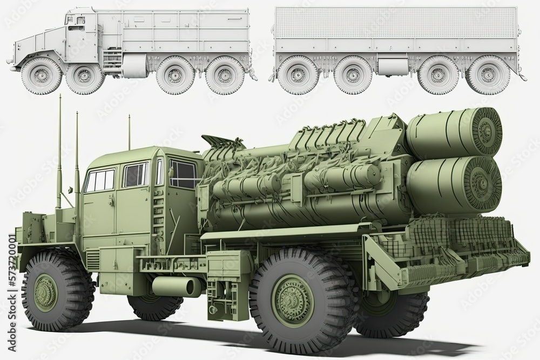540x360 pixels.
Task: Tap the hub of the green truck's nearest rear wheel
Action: tap(292, 300)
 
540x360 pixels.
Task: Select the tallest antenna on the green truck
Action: tap(59, 151)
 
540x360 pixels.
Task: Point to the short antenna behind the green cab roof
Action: tap(129, 132)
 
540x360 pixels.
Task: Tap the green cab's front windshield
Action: tap(100, 180)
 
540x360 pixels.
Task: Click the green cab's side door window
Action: tap(135, 175)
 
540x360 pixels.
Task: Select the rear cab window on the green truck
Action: tap(183, 174)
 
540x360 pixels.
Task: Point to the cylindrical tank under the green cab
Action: tap(176, 286)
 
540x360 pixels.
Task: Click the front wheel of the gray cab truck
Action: tap(41, 76)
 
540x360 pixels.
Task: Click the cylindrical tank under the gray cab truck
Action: tap(134, 65)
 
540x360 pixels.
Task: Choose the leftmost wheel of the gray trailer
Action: tap(297, 75)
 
